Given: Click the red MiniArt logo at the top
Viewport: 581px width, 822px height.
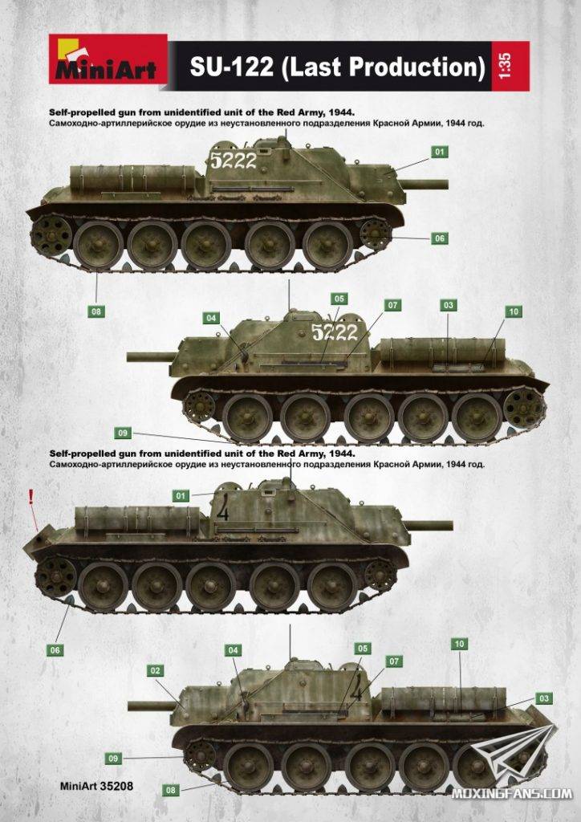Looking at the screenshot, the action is (108, 59).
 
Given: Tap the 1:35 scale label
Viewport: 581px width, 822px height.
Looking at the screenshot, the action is (505, 66).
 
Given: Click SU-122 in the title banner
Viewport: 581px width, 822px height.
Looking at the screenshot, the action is (232, 67).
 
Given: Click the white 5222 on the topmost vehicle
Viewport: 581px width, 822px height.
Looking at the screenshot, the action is (234, 160).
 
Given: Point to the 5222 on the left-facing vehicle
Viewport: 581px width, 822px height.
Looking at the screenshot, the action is (335, 332).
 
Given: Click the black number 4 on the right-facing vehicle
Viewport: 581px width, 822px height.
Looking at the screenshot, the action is (222, 508).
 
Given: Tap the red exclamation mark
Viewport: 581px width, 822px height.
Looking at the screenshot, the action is (31, 495).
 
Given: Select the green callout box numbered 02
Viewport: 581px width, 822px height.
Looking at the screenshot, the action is (155, 670).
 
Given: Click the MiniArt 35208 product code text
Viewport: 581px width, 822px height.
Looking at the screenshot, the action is (97, 786).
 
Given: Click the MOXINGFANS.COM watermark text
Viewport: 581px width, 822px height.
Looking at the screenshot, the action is (512, 793).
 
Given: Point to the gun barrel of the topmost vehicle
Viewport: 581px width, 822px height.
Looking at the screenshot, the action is (425, 184).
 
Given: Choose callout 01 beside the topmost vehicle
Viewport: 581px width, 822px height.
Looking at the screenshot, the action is (440, 152).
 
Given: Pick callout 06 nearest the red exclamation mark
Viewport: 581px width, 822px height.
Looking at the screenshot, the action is (55, 650).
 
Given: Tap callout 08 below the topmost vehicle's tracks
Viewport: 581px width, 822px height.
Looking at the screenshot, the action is (95, 311).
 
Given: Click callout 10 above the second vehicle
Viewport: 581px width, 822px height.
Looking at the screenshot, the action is (514, 311).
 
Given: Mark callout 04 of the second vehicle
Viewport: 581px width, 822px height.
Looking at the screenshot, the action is (211, 318).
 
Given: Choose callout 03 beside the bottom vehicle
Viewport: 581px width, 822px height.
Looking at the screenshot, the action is (544, 698).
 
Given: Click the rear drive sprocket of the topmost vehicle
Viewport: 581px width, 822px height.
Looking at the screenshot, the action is (51, 235).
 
